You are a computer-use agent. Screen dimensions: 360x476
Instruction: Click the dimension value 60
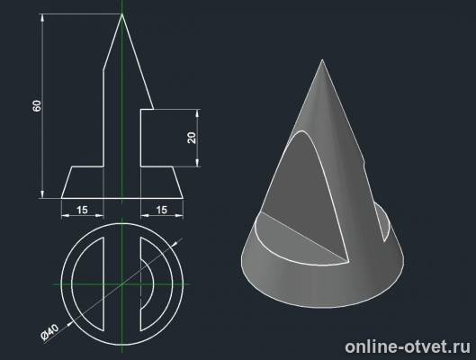click(x=37, y=105)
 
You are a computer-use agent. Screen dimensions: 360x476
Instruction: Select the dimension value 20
click(x=192, y=138)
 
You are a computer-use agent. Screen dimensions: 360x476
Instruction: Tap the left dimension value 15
click(x=82, y=210)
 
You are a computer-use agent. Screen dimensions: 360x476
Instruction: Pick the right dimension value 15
click(x=163, y=210)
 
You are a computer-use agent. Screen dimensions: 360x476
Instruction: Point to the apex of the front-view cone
click(x=122, y=14)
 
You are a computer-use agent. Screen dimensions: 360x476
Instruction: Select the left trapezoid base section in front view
click(x=85, y=182)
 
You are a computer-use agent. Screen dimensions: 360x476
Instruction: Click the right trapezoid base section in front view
click(x=160, y=182)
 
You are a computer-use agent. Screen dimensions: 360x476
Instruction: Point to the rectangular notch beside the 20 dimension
click(x=157, y=138)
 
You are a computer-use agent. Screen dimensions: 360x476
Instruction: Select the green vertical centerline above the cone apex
click(x=122, y=7)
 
